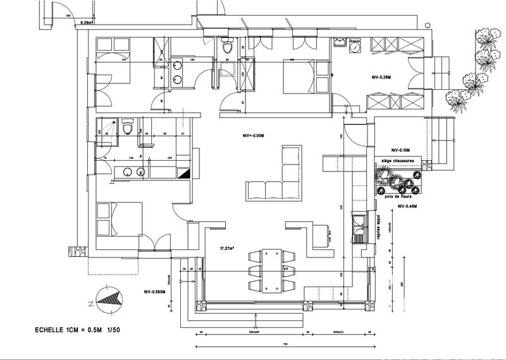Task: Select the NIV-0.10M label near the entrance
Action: [400, 150]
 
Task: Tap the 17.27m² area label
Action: [228, 249]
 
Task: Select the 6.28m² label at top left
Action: [87, 22]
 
